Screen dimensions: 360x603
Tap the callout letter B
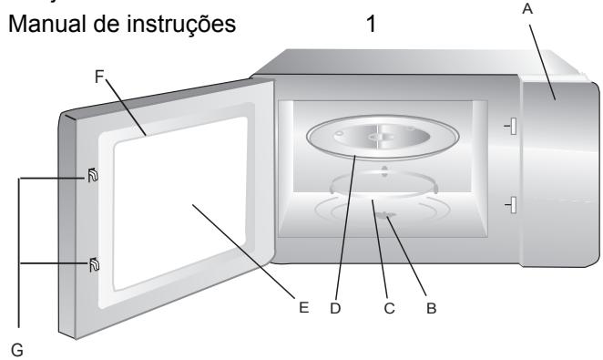point(432,309)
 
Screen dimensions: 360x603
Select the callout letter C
point(389,309)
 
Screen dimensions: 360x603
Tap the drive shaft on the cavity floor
point(389,217)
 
